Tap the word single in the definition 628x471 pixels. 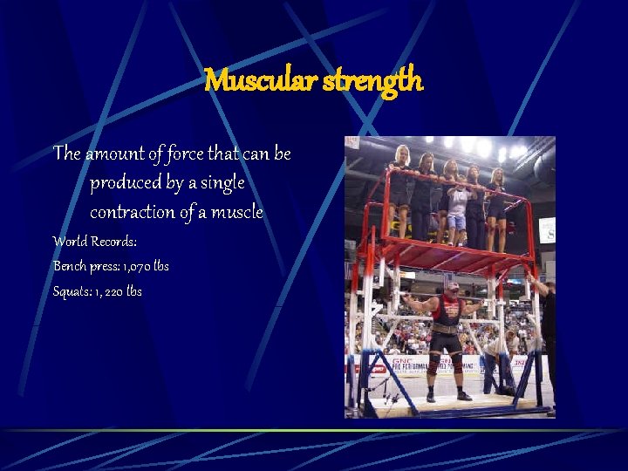[222, 183]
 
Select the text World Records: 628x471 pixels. [95, 241]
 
